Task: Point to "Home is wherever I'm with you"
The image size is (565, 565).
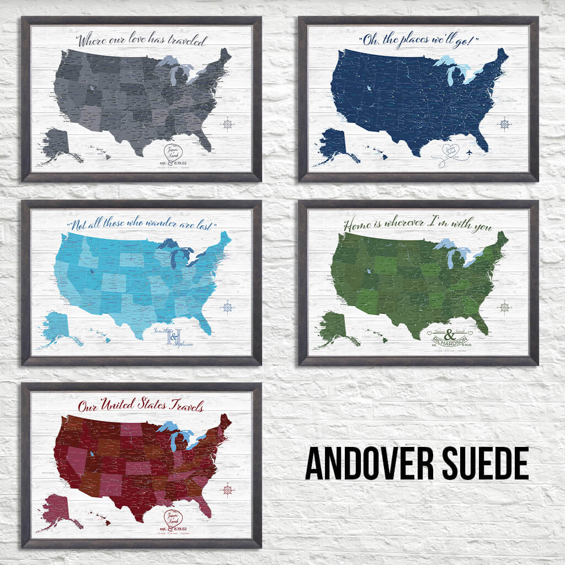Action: (418, 225)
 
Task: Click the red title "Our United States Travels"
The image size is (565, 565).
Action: (141, 407)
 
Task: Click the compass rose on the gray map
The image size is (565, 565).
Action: (228, 124)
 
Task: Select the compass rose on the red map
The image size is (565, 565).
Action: (227, 489)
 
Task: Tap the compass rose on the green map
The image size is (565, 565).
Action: (504, 307)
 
